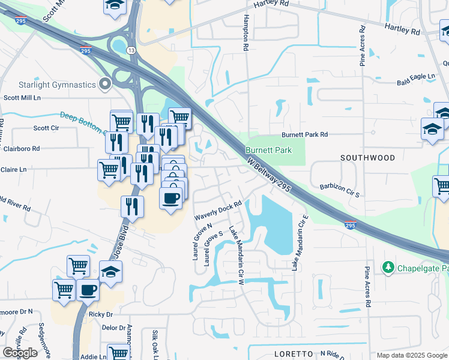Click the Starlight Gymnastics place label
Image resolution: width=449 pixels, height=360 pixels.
point(49,85)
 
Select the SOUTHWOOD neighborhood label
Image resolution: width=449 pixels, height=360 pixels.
point(368,158)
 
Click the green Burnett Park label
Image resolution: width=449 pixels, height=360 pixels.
point(268,150)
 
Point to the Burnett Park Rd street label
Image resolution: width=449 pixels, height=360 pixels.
point(305,135)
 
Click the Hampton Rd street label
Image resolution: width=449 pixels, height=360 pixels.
point(246,33)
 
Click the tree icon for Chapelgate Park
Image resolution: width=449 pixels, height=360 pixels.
point(388,266)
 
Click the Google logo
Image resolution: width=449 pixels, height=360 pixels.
point(20,353)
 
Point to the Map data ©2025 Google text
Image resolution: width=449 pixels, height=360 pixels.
point(411,355)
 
